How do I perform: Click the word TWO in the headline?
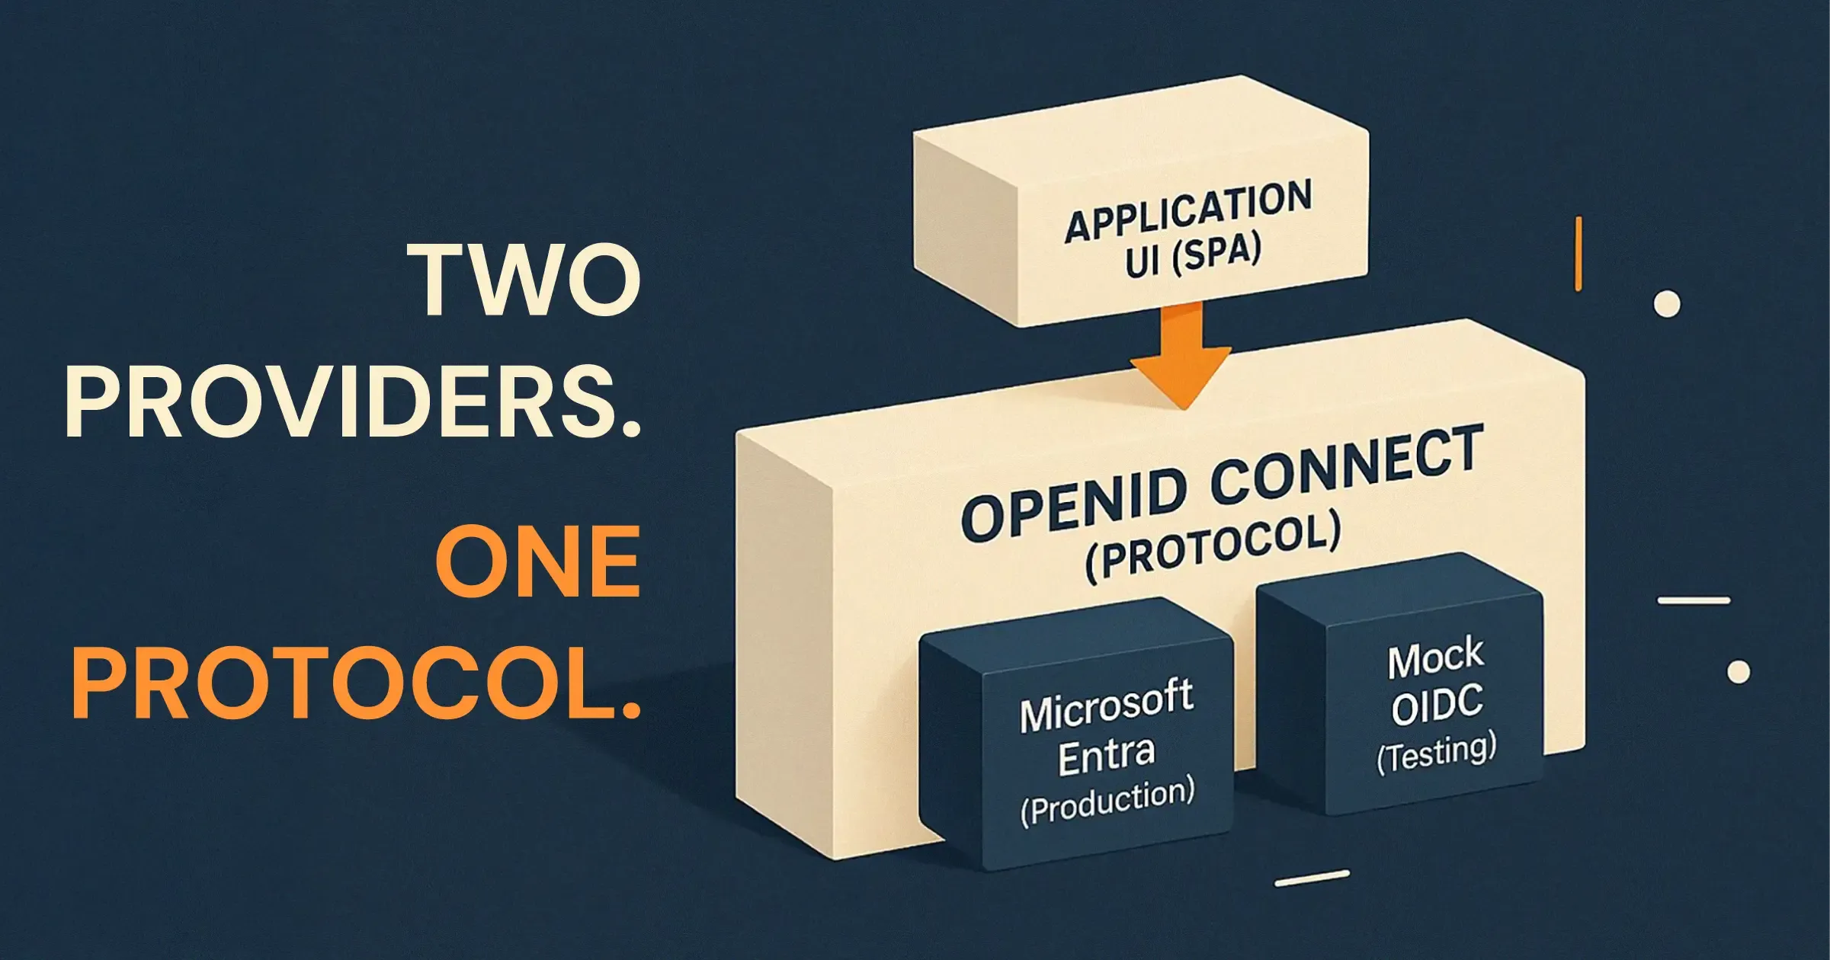525,280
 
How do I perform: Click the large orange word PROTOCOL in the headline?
355,683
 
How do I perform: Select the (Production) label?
1107,801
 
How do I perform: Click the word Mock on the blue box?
1435,659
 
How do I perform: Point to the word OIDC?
1437,705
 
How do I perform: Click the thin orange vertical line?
1578,254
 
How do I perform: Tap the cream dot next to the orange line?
1666,304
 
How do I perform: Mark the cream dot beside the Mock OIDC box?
1739,672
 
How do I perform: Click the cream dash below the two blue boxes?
1312,878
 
